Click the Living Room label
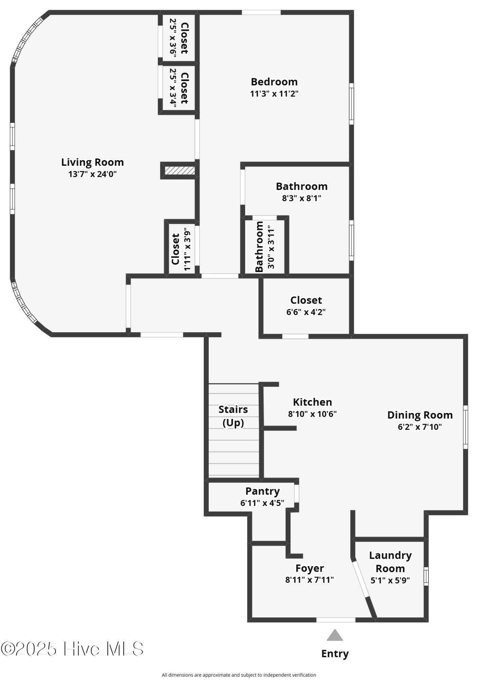coord(92,162)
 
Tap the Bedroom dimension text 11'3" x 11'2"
coord(274,93)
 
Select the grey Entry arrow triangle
coord(335,635)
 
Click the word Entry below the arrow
coord(335,653)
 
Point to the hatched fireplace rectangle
coord(180,170)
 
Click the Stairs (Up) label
coord(233,416)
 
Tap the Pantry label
coord(262,491)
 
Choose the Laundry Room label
coord(390,562)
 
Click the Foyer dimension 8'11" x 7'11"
coord(309,579)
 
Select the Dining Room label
coord(420,415)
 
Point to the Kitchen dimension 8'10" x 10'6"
coord(312,414)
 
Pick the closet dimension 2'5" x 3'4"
coord(173,88)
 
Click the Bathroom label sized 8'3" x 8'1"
coord(302,186)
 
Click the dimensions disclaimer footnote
coord(239,675)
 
